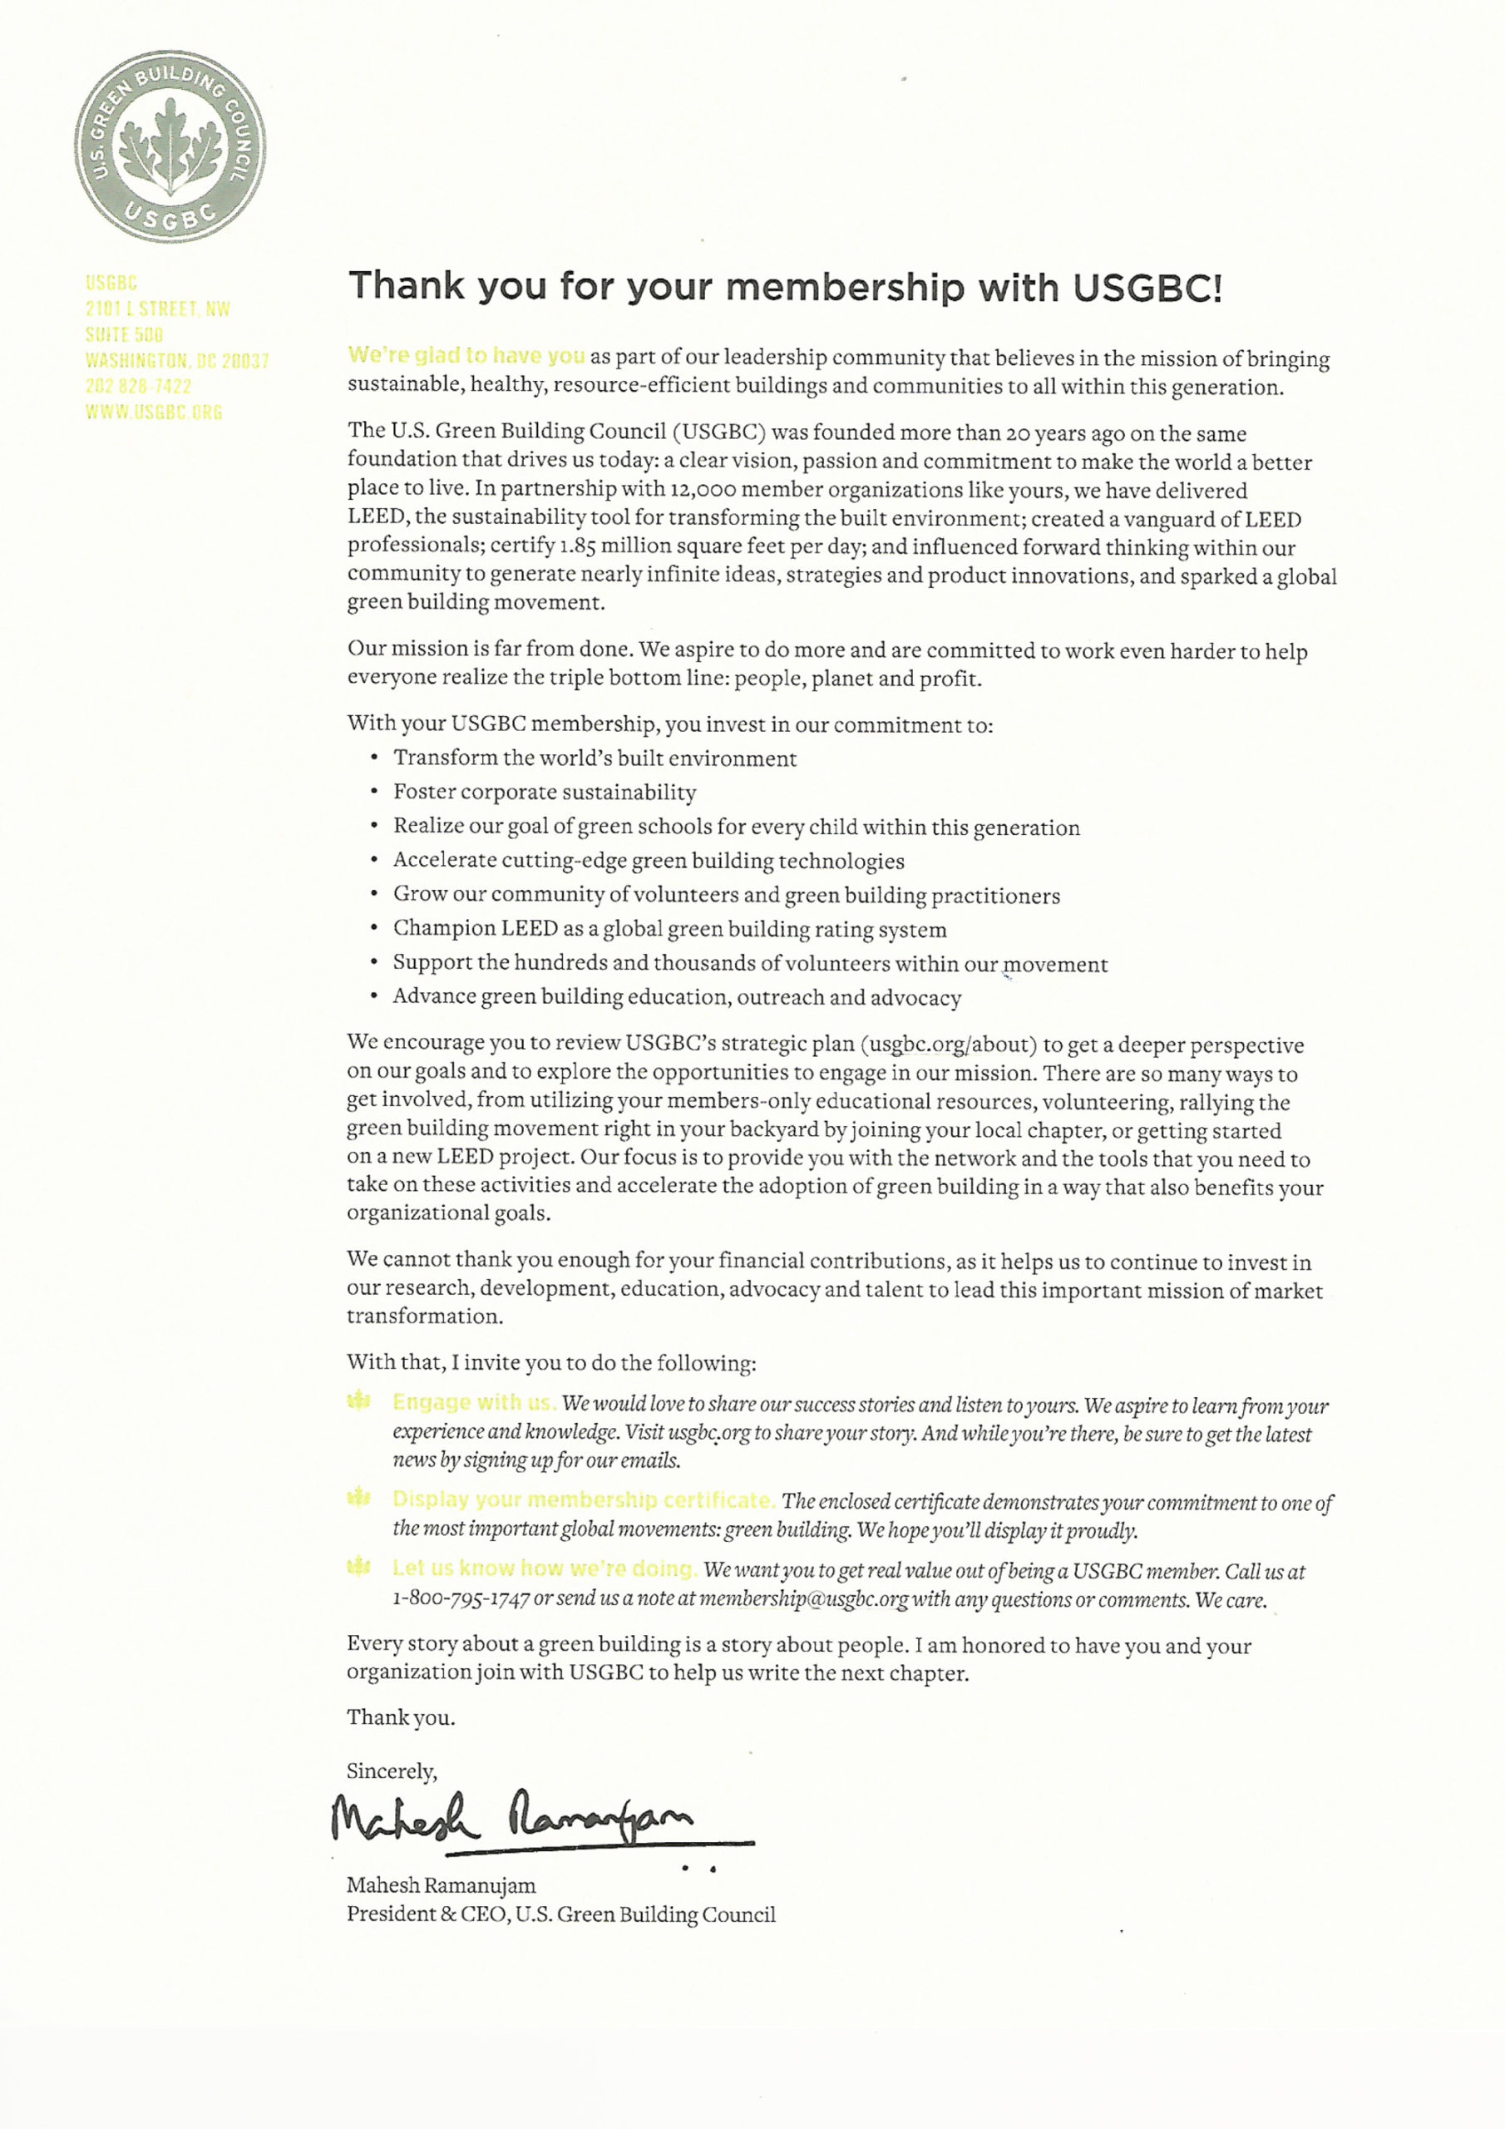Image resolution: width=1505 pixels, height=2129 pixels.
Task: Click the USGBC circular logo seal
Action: [x=170, y=146]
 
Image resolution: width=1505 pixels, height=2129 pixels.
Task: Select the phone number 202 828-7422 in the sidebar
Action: [x=138, y=386]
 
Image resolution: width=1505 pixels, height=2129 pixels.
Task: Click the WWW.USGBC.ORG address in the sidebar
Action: [x=154, y=412]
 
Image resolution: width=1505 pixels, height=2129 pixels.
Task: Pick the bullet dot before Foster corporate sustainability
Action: [x=373, y=792]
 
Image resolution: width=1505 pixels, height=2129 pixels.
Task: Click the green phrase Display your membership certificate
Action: [x=583, y=1499]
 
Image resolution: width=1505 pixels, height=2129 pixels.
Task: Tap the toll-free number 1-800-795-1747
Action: [x=461, y=1599]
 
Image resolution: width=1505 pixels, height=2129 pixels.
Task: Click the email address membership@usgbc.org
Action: [x=803, y=1599]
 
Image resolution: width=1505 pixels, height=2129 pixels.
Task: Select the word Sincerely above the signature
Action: [x=392, y=1771]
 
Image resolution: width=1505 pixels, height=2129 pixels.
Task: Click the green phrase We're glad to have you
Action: [x=466, y=355]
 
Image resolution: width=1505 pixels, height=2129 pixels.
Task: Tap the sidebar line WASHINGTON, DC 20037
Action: [x=177, y=360]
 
